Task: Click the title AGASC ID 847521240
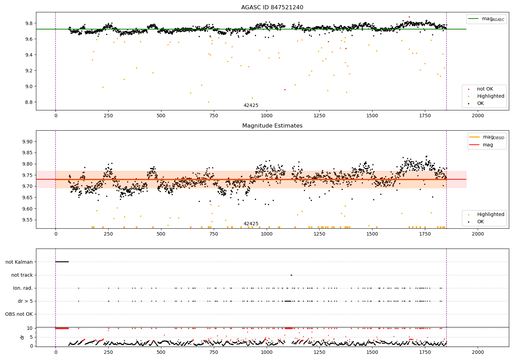click(x=272, y=8)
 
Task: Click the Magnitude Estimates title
click(x=272, y=126)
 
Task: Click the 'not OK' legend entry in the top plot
click(x=485, y=89)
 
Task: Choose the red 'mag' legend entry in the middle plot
click(x=488, y=145)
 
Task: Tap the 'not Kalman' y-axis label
click(x=19, y=262)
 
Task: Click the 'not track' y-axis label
click(x=22, y=275)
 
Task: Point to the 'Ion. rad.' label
click(x=23, y=288)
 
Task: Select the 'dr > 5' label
click(x=25, y=301)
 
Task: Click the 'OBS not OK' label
click(x=19, y=314)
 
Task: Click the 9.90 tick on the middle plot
click(x=27, y=142)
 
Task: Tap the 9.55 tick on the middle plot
click(x=27, y=220)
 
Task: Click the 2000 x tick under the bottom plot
click(x=478, y=352)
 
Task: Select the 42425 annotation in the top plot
click(x=251, y=106)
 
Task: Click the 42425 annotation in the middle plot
click(x=251, y=224)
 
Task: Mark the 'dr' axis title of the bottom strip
click(x=22, y=337)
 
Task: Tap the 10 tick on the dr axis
click(x=30, y=328)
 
